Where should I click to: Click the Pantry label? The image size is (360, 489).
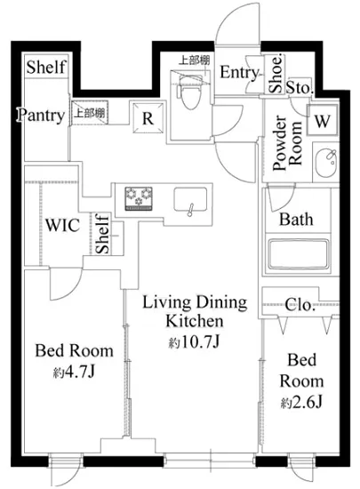pyautogui.click(x=41, y=116)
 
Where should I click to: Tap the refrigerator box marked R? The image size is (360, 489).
pyautogui.click(x=148, y=117)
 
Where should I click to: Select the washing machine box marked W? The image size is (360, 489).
pyautogui.click(x=323, y=120)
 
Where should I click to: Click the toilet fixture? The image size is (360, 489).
pyautogui.click(x=189, y=93)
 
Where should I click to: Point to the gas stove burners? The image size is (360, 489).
pyautogui.click(x=139, y=198)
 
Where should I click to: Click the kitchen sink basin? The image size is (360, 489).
pyautogui.click(x=190, y=199)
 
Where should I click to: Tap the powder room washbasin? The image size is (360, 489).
pyautogui.click(x=326, y=162)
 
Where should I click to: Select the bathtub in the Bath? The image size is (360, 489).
pyautogui.click(x=299, y=255)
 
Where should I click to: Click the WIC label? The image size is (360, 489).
pyautogui.click(x=62, y=225)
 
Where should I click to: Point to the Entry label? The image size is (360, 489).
pyautogui.click(x=240, y=73)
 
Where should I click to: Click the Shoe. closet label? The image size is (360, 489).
pyautogui.click(x=276, y=74)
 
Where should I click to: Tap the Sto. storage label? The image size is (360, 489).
pyautogui.click(x=300, y=87)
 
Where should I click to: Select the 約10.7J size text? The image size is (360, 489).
pyautogui.click(x=195, y=342)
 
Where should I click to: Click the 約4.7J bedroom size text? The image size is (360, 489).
pyautogui.click(x=74, y=372)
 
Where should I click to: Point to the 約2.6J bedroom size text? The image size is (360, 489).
pyautogui.click(x=301, y=403)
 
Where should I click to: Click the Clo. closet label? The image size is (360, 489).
pyautogui.click(x=300, y=305)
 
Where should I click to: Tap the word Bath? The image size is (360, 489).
pyautogui.click(x=296, y=220)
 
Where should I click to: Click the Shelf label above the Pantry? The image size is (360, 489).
pyautogui.click(x=46, y=67)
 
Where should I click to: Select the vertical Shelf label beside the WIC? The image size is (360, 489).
pyautogui.click(x=102, y=234)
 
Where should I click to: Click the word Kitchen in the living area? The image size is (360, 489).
pyautogui.click(x=195, y=321)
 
